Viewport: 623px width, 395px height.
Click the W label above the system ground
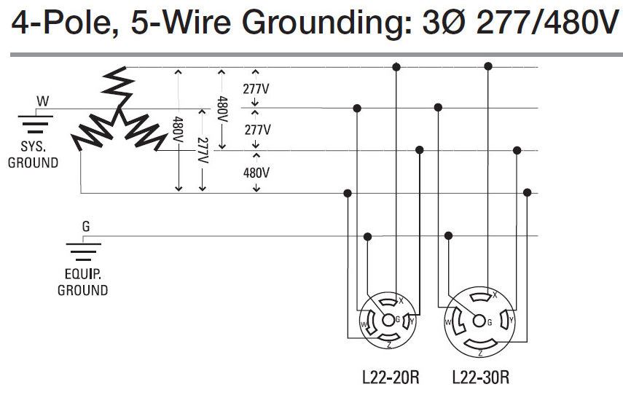(42, 101)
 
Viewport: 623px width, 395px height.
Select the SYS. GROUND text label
(33, 155)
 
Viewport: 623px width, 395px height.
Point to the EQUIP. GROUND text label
(82, 282)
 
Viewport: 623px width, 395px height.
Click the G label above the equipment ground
(86, 227)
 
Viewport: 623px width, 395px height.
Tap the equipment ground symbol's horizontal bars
(84, 252)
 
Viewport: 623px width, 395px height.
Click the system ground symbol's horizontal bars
(36, 125)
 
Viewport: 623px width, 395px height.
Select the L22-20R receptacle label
(391, 377)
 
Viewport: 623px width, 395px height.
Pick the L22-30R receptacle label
(481, 377)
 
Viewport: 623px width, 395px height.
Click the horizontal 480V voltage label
(256, 173)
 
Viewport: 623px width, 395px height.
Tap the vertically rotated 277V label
(203, 151)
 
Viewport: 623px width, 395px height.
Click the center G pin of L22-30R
(479, 321)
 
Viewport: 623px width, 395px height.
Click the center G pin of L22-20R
(388, 320)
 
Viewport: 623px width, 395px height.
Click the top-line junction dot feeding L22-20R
(396, 67)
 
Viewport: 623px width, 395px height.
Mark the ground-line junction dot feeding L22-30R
(449, 235)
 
